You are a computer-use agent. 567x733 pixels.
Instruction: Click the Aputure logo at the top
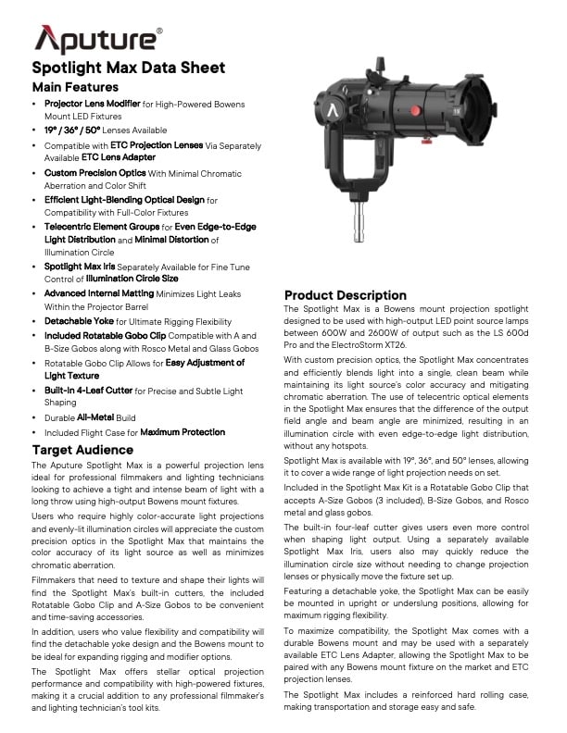[x=97, y=39]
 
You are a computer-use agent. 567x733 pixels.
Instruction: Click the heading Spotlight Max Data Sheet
[x=128, y=68]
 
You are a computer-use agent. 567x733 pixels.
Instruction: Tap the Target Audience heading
[x=84, y=450]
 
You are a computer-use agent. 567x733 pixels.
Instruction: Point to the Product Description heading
[x=345, y=295]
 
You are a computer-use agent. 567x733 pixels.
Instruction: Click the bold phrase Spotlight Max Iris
[x=86, y=267]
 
